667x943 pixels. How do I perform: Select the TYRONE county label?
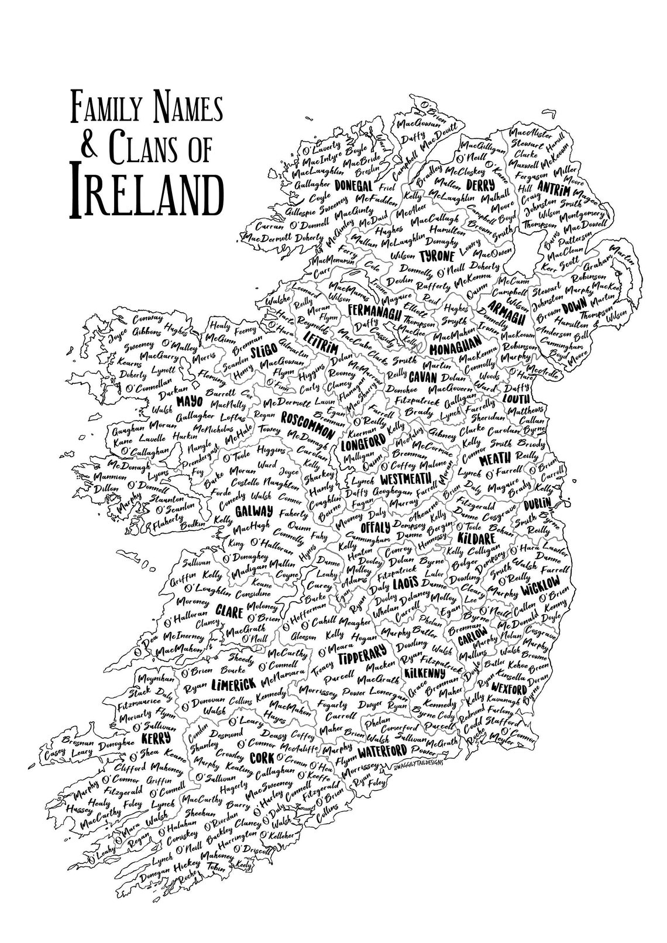[437, 256]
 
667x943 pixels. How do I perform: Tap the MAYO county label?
[188, 402]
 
